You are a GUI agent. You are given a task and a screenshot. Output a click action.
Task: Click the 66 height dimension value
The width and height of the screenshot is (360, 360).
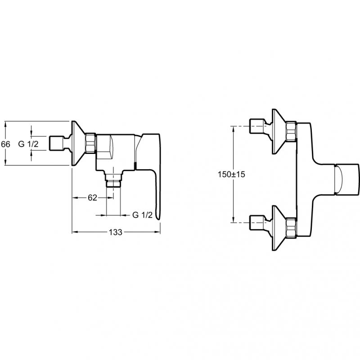pyautogui.click(x=5, y=144)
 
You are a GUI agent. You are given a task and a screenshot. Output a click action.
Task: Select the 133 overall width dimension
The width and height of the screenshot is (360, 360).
pyautogui.click(x=116, y=232)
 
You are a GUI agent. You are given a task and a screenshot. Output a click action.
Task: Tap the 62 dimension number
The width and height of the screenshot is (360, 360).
pyautogui.click(x=93, y=198)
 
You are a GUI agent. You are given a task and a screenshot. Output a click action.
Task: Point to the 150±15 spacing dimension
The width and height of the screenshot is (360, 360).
pyautogui.click(x=231, y=174)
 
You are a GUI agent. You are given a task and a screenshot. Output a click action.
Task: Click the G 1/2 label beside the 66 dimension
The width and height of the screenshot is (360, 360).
pyautogui.click(x=28, y=144)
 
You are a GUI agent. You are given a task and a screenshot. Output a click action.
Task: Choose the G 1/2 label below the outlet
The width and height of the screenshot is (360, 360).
pyautogui.click(x=142, y=215)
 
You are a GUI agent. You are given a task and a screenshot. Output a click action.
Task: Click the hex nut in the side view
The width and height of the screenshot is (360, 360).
pyautogui.click(x=90, y=143)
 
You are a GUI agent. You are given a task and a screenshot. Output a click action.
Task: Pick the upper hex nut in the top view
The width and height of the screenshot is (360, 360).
pyautogui.click(x=291, y=131)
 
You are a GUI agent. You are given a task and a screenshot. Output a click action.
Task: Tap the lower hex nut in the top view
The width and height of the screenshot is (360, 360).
pyautogui.click(x=291, y=227)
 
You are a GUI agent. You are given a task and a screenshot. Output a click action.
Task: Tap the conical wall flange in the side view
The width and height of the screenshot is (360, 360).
pyautogui.click(x=78, y=143)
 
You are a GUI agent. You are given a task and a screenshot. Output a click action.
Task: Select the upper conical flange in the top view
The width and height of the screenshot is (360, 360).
pyautogui.click(x=279, y=131)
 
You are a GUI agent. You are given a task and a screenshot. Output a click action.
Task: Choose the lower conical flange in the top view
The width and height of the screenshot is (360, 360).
pyautogui.click(x=279, y=228)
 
